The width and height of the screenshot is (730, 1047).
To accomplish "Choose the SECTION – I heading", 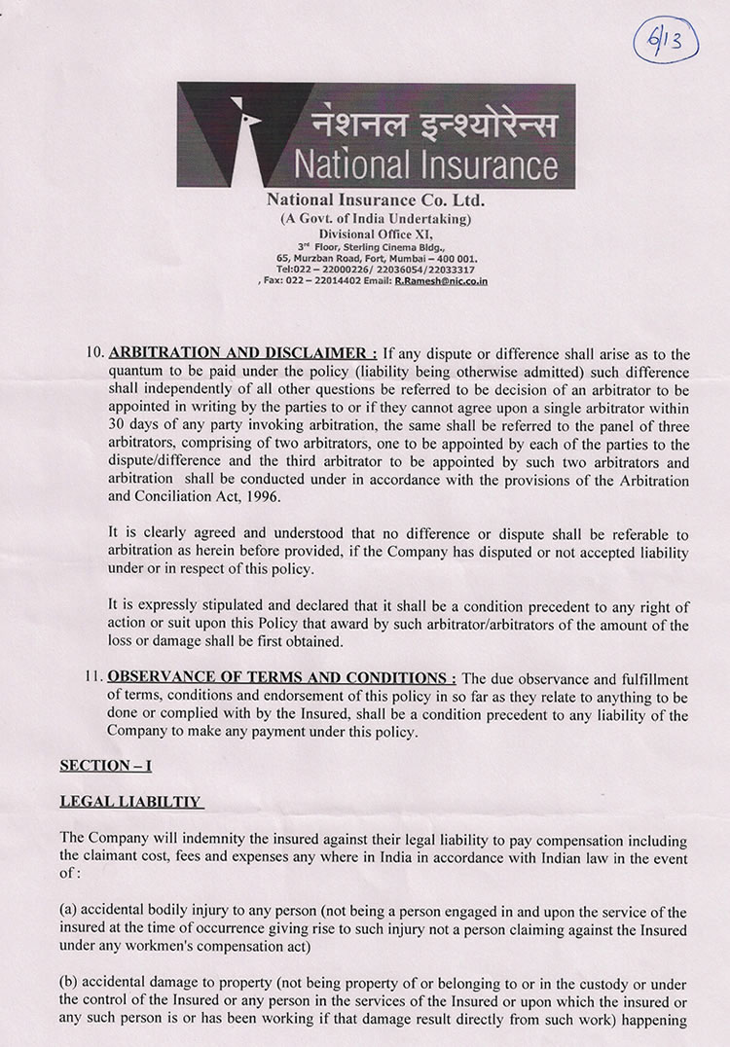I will tap(106, 766).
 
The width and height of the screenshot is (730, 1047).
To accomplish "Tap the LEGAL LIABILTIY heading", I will tap(130, 802).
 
